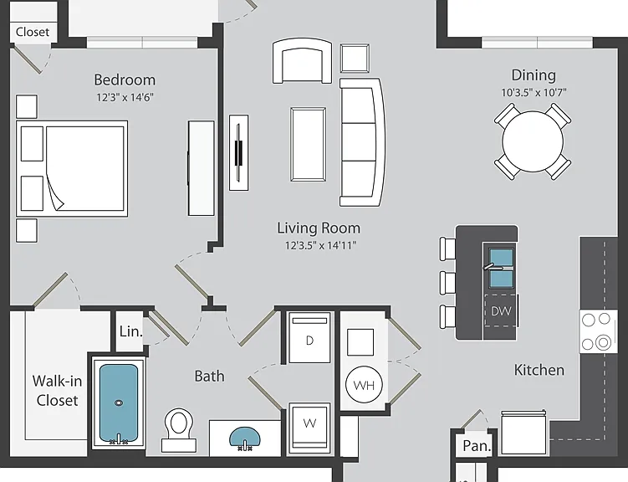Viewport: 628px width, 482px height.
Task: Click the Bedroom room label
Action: pos(125,79)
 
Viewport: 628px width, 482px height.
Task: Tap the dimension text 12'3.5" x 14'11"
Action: pos(320,245)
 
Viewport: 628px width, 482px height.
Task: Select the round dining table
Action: pos(533,141)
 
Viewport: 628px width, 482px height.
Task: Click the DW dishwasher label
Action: pos(501,311)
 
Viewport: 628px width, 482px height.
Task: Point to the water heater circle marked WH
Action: pos(364,385)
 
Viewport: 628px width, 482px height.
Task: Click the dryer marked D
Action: pos(309,338)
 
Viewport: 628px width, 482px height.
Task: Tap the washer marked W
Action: pos(309,428)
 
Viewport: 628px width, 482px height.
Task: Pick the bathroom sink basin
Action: pos(245,437)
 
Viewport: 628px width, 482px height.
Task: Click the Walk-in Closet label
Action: pos(57,390)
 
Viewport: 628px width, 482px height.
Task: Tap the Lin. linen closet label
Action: pos(130,331)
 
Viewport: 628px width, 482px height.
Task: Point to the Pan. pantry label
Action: pos(477,445)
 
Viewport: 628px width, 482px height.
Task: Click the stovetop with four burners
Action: pos(598,331)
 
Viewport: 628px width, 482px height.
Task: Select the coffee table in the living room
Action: pos(308,144)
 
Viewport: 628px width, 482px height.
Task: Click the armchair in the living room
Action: pos(303,61)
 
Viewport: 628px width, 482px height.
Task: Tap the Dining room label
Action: pos(534,75)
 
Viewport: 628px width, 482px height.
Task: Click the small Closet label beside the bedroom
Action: pos(33,32)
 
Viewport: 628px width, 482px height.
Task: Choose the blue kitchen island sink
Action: pos(501,268)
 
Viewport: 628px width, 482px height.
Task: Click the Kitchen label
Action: pos(539,370)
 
